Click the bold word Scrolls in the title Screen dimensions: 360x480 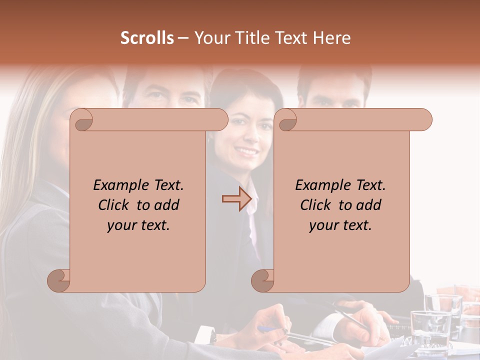(x=147, y=38)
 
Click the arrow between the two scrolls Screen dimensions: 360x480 (x=236, y=199)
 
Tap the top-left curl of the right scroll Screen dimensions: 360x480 (x=286, y=120)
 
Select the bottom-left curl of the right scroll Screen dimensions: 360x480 (x=263, y=280)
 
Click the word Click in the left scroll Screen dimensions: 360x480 (x=115, y=205)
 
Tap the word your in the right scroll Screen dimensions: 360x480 (x=323, y=225)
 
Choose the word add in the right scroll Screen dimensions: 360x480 (x=369, y=205)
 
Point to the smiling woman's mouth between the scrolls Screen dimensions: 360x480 (x=246, y=150)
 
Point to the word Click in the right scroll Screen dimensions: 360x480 (x=317, y=205)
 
